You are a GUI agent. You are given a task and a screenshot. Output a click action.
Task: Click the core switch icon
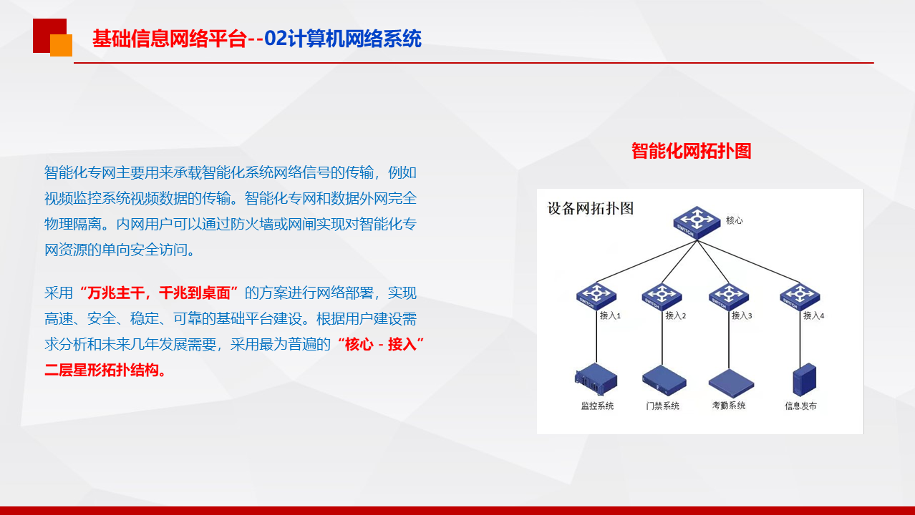click(x=697, y=222)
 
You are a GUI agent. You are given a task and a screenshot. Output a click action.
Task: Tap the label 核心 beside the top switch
click(x=734, y=221)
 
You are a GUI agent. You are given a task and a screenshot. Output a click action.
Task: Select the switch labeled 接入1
click(x=596, y=296)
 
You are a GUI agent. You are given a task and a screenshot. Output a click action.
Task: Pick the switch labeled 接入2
click(x=662, y=297)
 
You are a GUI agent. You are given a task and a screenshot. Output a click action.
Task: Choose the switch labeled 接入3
click(x=729, y=297)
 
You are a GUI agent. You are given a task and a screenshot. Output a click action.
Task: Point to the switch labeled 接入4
click(x=800, y=297)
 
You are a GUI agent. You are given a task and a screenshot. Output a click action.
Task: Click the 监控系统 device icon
click(x=596, y=379)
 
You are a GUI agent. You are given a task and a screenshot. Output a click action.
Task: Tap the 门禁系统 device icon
click(x=664, y=381)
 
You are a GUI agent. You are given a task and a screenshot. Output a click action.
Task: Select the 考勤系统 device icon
click(x=731, y=383)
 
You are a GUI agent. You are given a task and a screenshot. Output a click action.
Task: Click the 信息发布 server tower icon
click(x=804, y=380)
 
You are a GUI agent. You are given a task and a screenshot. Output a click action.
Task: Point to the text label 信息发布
click(x=800, y=406)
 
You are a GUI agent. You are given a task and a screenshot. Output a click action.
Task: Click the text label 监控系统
click(x=597, y=406)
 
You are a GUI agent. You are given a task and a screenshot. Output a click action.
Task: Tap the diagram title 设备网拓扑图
click(x=590, y=209)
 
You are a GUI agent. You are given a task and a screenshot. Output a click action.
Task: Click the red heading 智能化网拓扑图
click(x=691, y=151)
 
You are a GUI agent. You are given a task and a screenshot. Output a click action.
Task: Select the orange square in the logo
click(x=62, y=45)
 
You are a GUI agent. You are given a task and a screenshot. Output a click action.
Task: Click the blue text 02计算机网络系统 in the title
click(x=343, y=39)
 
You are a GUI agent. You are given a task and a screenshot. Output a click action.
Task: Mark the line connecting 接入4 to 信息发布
click(x=800, y=337)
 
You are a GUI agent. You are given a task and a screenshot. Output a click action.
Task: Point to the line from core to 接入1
click(x=647, y=262)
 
